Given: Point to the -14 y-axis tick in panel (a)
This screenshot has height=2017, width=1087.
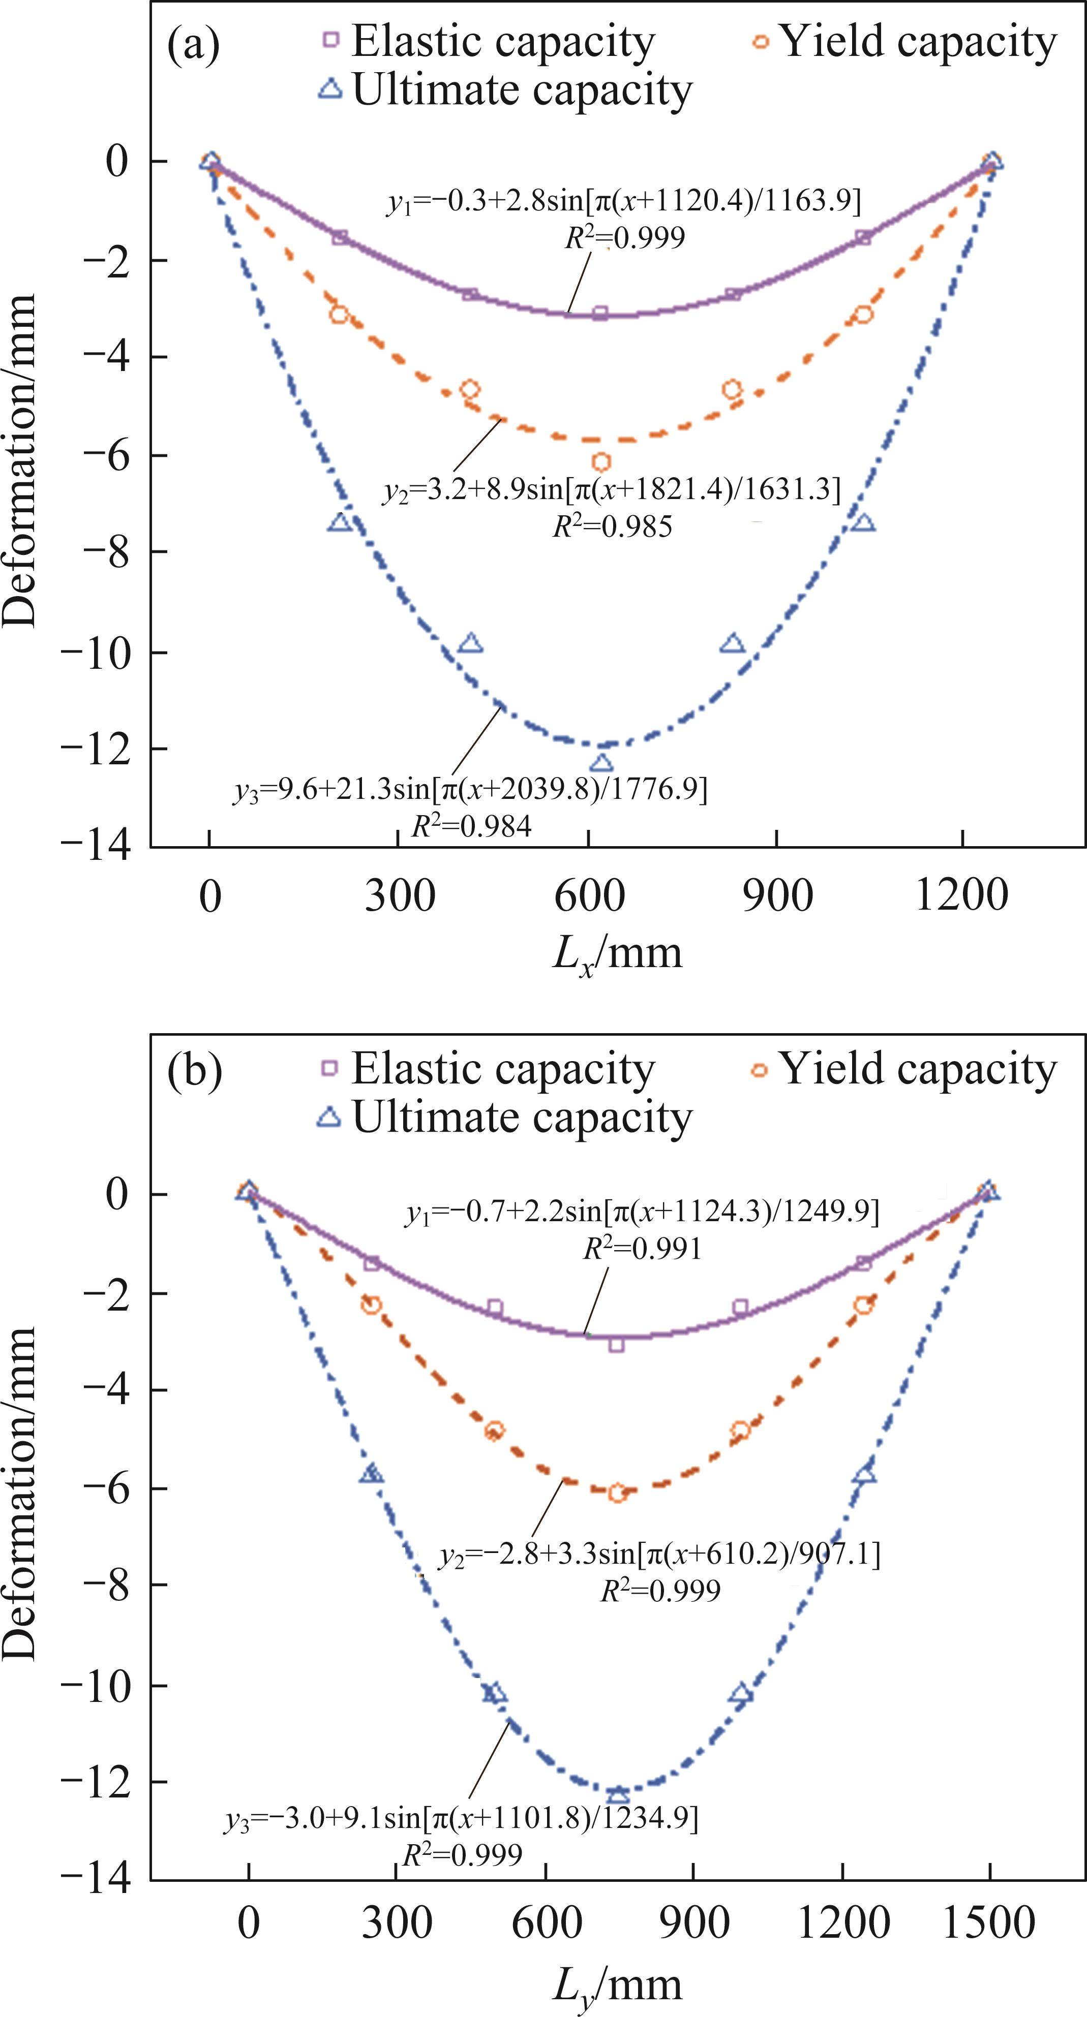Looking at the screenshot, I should point(94,847).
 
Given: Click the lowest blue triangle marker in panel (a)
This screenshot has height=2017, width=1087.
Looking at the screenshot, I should point(601,763).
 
